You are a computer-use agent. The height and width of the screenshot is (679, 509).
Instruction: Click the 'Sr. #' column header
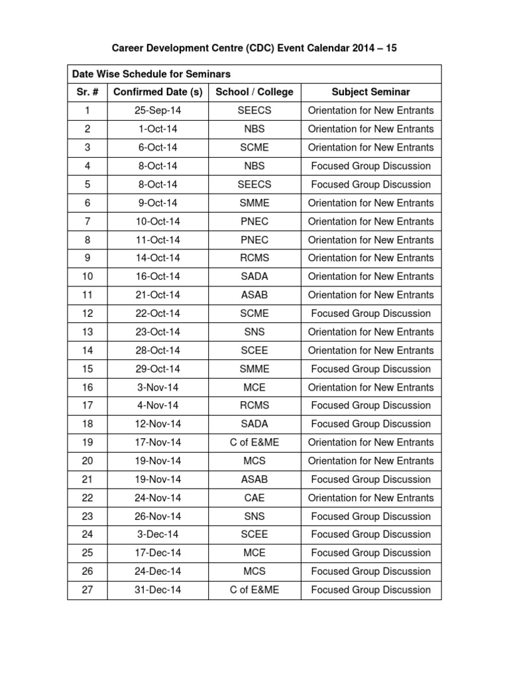tap(87, 92)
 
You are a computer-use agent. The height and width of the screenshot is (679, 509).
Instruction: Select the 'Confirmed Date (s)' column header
tap(158, 92)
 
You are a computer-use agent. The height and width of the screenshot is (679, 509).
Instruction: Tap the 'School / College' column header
tap(254, 92)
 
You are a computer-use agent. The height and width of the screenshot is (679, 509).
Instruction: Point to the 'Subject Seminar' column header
tap(370, 92)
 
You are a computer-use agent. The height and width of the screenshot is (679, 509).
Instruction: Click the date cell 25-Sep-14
tap(158, 111)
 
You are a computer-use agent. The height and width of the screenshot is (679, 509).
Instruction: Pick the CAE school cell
tap(254, 498)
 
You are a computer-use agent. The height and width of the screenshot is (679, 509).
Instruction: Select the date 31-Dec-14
tap(158, 590)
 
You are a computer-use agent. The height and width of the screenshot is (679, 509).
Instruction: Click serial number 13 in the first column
tap(87, 332)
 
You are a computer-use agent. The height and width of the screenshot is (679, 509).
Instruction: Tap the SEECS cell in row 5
tap(254, 184)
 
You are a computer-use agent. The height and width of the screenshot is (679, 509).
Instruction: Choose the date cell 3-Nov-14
tap(158, 387)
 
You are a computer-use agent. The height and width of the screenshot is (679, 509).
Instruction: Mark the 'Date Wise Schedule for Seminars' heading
tap(152, 74)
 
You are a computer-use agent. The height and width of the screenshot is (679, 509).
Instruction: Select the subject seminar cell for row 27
tap(370, 590)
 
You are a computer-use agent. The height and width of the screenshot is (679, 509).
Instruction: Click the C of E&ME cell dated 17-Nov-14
tap(254, 442)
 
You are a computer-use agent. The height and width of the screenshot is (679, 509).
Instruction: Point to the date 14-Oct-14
tap(158, 258)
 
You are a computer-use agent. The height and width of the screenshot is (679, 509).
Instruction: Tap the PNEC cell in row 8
tap(254, 240)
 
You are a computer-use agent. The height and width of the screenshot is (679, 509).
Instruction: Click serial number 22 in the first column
tap(87, 498)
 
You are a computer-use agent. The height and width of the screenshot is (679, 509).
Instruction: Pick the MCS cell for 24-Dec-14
tap(254, 572)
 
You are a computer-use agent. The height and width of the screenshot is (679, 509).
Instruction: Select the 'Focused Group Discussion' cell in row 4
tap(370, 166)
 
